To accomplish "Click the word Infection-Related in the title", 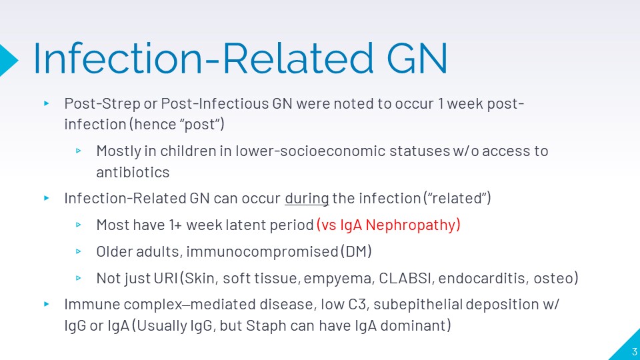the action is tap(203, 58).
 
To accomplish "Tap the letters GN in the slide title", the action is tap(417, 59).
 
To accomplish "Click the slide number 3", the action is tap(634, 351).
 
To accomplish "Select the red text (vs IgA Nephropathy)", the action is tap(388, 225).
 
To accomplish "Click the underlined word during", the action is tap(307, 199).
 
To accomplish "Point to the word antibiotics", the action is tap(133, 172).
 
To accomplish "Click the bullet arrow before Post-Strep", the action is tap(47, 104).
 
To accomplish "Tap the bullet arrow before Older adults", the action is tap(79, 251).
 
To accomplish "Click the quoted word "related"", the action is tap(457, 198).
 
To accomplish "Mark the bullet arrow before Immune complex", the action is tap(47, 304).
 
